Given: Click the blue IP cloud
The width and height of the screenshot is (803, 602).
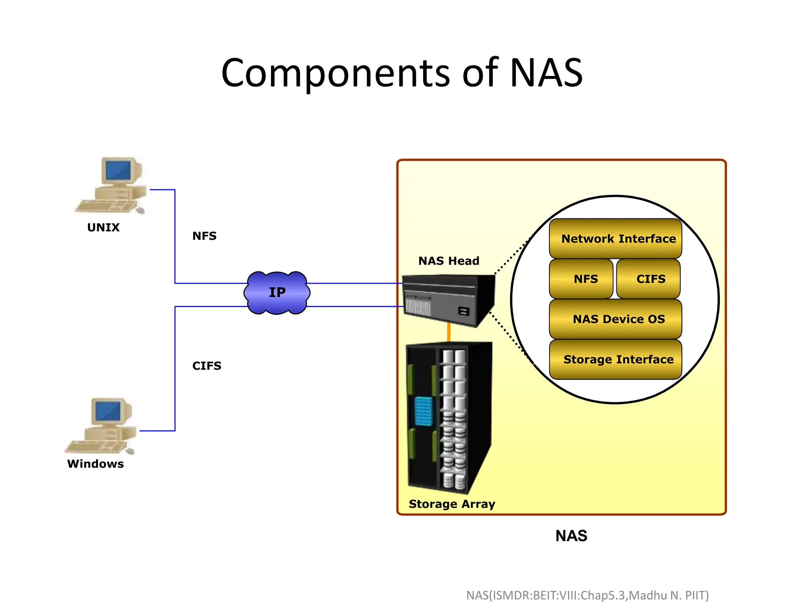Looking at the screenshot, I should (x=277, y=293).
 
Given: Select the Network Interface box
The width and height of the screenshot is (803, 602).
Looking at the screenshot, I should (x=615, y=238).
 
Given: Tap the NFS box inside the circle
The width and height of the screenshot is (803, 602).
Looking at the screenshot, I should (x=581, y=279).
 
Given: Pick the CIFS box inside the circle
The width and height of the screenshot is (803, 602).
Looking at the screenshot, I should (x=649, y=279).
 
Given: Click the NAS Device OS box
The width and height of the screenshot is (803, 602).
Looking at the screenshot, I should (x=615, y=319).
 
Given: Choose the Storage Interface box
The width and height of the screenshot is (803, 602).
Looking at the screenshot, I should (x=615, y=359).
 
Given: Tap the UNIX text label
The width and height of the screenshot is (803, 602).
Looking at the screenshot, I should (x=103, y=227).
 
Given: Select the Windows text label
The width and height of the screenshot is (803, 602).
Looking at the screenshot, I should (x=95, y=464).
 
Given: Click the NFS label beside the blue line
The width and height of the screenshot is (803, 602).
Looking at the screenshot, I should (x=204, y=236).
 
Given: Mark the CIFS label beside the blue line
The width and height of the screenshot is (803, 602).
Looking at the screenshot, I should (x=207, y=366).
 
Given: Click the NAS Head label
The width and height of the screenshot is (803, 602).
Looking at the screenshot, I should (x=449, y=261).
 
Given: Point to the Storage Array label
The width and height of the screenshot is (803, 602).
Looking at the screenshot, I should (x=452, y=504).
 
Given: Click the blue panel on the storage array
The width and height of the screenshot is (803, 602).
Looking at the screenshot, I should (x=423, y=411).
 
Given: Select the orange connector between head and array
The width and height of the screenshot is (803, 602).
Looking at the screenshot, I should (x=449, y=332).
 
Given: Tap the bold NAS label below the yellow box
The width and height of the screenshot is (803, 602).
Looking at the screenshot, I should (x=571, y=536).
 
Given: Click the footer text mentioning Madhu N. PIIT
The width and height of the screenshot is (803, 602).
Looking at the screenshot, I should (x=587, y=595).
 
